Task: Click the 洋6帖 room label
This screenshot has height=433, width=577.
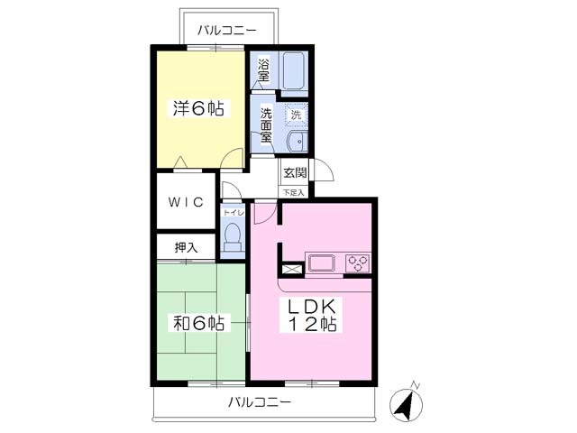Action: click(x=198, y=108)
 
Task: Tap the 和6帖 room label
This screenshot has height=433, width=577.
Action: click(x=198, y=323)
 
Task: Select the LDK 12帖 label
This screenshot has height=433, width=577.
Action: click(x=312, y=315)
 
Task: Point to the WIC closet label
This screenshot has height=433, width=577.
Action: click(x=186, y=202)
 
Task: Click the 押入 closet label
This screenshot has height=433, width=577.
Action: click(x=187, y=248)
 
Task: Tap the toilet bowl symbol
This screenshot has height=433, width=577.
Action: click(x=233, y=236)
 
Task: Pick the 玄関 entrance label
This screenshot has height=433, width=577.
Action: click(x=295, y=172)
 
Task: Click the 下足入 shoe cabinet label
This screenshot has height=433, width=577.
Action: click(x=294, y=192)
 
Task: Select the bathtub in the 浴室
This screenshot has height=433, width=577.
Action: click(x=293, y=70)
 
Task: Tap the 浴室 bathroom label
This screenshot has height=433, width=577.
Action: click(x=263, y=70)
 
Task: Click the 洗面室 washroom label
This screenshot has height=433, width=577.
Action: click(x=266, y=125)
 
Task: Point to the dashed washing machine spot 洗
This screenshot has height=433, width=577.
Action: click(x=296, y=115)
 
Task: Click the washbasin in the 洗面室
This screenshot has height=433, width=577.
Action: click(x=298, y=141)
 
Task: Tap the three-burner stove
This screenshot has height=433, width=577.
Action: click(x=358, y=263)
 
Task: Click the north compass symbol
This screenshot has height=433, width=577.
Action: click(x=407, y=403)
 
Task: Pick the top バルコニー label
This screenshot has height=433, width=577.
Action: click(x=226, y=30)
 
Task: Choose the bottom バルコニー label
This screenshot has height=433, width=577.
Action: click(x=260, y=401)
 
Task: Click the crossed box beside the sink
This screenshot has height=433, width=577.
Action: click(x=292, y=268)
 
